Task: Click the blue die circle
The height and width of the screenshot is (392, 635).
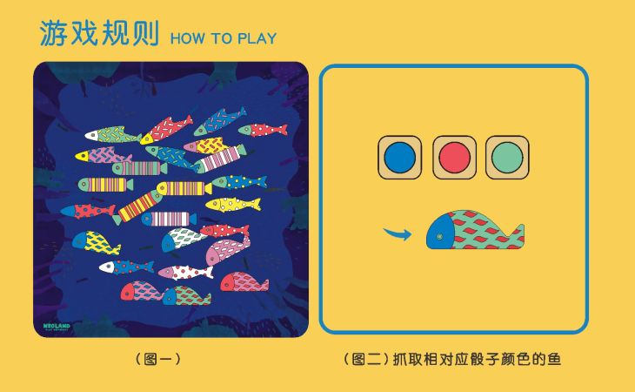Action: (x=400, y=158)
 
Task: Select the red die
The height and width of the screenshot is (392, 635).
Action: (x=454, y=158)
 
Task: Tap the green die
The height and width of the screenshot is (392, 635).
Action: (x=507, y=158)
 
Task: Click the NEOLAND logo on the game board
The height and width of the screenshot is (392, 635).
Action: (x=57, y=323)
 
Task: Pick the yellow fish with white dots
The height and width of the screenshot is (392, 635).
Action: (x=233, y=204)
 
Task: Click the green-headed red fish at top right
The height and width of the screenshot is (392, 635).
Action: (x=263, y=130)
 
